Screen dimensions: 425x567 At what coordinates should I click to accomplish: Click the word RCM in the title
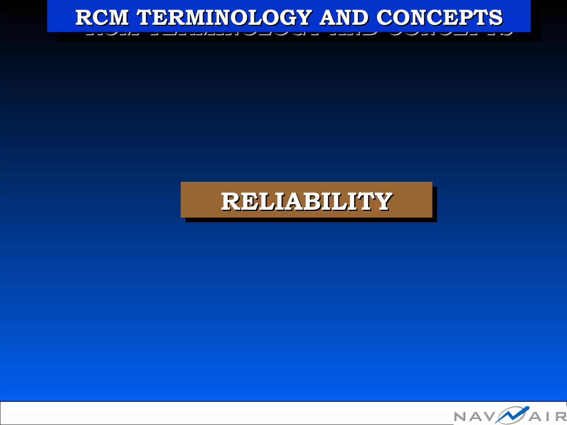pos(102,17)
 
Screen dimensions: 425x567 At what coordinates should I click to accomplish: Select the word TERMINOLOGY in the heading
pos(224,17)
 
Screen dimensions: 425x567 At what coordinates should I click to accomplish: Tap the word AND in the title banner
pos(344,17)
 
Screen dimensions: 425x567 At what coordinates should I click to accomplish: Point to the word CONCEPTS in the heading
pos(439,17)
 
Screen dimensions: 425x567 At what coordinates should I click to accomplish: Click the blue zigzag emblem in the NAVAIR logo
pos(512,415)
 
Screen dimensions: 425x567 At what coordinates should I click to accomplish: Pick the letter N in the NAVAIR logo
pos(461,416)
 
